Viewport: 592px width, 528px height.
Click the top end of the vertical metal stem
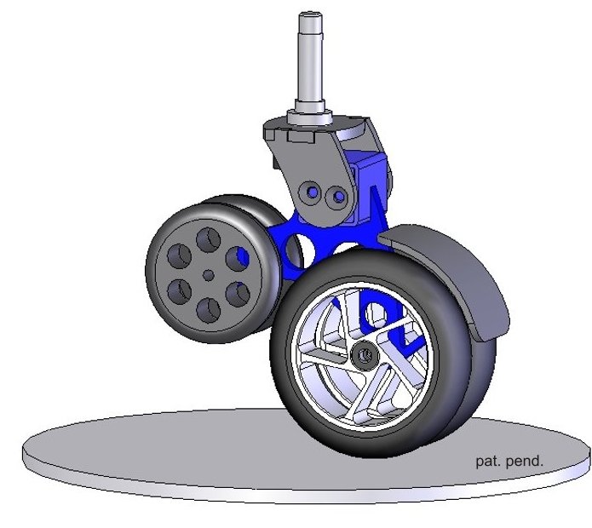(311, 14)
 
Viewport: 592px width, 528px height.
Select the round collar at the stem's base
(309, 117)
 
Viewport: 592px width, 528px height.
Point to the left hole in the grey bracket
(311, 192)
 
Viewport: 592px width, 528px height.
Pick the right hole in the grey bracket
(337, 196)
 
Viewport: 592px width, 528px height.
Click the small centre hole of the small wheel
(208, 275)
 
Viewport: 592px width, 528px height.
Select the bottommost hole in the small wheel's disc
(209, 310)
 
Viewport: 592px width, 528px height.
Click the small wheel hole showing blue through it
(238, 258)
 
